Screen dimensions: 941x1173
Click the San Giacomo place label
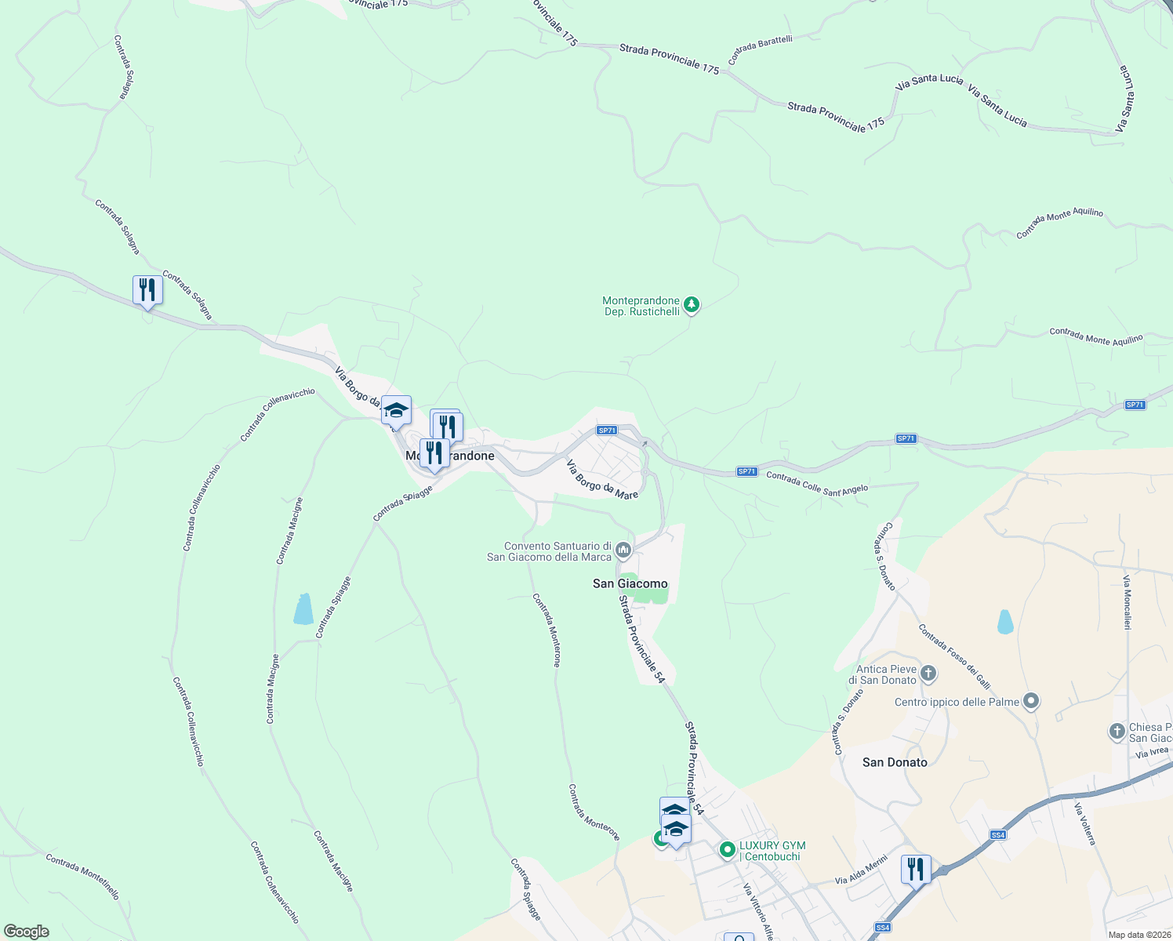click(x=630, y=583)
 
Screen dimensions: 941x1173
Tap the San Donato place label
click(x=895, y=762)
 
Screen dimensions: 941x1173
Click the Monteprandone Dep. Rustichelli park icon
click(x=691, y=304)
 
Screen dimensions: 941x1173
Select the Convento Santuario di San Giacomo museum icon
click(x=623, y=550)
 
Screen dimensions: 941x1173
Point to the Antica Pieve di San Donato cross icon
click(x=928, y=673)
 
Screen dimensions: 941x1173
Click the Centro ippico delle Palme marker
click(x=1031, y=701)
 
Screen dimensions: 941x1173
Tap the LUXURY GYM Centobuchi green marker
click(x=727, y=848)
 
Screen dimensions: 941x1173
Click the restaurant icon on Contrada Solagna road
click(x=147, y=289)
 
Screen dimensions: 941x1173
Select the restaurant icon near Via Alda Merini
click(x=915, y=869)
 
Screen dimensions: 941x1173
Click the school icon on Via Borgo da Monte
click(x=396, y=410)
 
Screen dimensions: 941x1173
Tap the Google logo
click(x=27, y=931)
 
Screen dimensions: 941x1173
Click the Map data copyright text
click(x=1138, y=935)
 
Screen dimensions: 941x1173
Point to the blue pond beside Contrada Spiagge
click(x=303, y=609)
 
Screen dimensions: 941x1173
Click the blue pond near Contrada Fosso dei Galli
click(x=1004, y=621)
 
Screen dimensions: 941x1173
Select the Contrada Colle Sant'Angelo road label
click(x=817, y=482)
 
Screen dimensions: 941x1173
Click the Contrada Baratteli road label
click(x=760, y=49)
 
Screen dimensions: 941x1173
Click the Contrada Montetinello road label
click(x=82, y=876)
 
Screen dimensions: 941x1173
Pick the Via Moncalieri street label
click(x=1127, y=602)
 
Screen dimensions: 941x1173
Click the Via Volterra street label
click(x=1085, y=824)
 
